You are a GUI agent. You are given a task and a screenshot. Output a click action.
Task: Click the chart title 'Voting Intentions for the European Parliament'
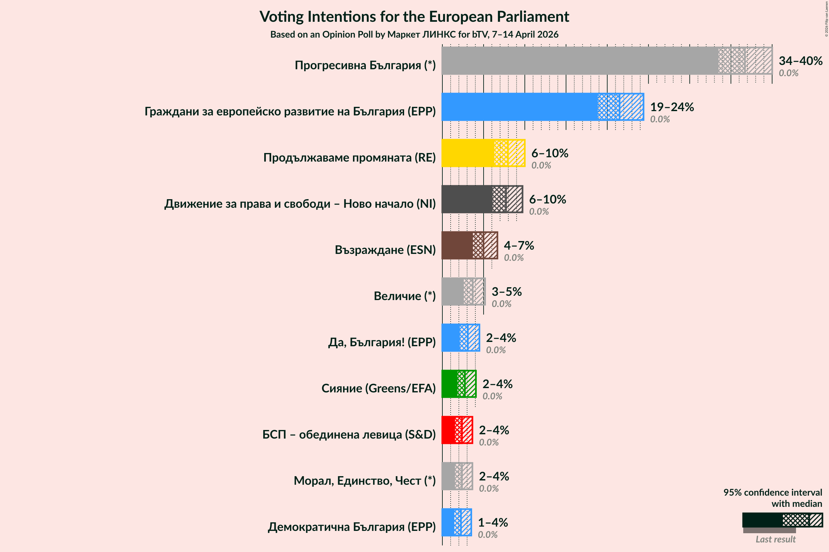414,16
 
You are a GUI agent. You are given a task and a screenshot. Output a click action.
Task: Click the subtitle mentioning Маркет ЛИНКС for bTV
414,35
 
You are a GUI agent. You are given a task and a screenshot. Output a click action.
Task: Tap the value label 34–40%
800,61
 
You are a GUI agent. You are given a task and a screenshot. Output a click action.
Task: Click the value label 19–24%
672,107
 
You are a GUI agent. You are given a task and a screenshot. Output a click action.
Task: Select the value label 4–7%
518,245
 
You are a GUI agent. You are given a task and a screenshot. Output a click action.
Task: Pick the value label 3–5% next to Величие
506,291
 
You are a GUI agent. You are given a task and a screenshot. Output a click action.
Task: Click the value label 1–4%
492,522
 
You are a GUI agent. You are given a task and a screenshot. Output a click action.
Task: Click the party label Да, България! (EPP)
382,342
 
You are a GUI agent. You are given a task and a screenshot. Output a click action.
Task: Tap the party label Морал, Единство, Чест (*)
365,480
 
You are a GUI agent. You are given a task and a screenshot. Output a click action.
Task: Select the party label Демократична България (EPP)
351,527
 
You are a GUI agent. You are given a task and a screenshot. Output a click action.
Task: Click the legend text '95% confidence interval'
772,492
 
